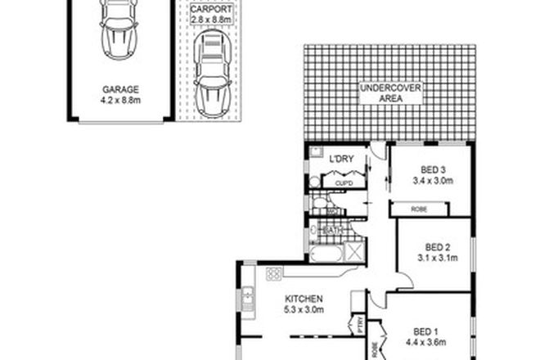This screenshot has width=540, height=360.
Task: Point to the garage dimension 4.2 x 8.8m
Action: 119,102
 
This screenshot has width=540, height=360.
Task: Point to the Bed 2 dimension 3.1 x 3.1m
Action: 438,258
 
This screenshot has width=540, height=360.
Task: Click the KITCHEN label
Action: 303,298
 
